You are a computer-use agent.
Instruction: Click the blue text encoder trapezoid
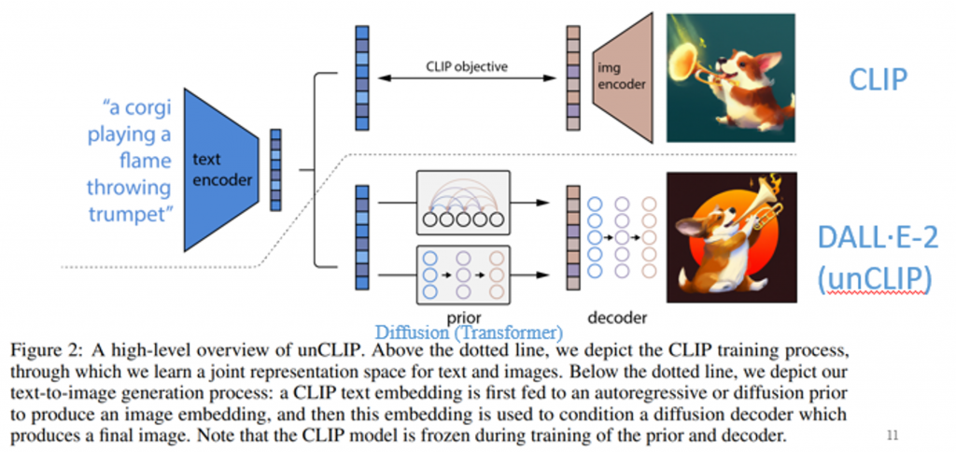click(220, 169)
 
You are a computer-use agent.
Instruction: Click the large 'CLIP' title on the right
click(877, 79)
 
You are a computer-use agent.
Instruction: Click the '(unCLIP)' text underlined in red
click(877, 279)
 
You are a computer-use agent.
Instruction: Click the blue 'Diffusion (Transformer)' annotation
click(468, 332)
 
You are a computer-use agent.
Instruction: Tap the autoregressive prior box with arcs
click(463, 202)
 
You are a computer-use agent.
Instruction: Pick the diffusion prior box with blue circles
click(463, 274)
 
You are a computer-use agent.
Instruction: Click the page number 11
click(893, 434)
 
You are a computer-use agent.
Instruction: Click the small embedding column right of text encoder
click(275, 169)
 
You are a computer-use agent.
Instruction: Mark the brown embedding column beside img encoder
click(572, 78)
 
